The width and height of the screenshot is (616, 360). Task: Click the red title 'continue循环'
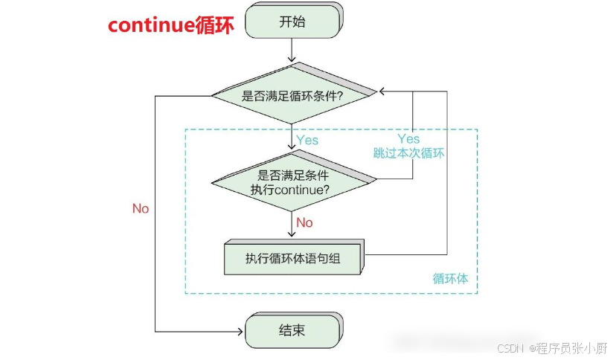point(171,25)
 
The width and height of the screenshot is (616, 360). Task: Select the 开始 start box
point(292,22)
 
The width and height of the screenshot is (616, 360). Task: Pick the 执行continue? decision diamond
point(292,182)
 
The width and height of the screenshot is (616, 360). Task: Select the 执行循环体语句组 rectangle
point(293,259)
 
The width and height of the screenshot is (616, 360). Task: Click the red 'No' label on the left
point(141,208)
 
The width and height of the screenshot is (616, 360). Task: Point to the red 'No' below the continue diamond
point(304,222)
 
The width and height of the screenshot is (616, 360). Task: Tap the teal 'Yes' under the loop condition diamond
point(307,140)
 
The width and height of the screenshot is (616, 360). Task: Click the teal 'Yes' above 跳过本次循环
point(408,139)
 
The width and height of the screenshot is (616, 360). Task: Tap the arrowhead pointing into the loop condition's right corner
point(382,92)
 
